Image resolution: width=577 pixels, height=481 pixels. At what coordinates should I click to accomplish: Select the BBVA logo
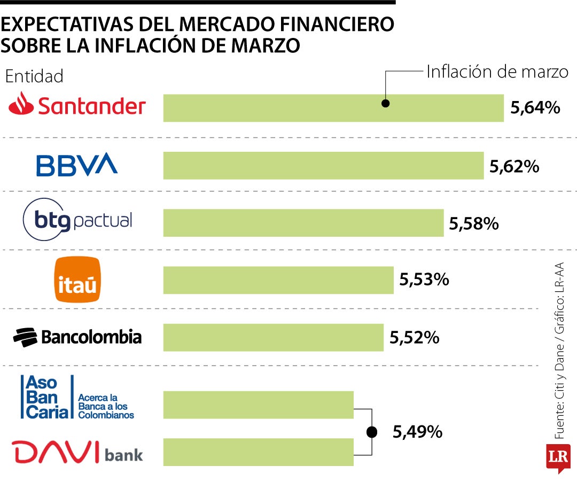pyautogui.click(x=77, y=165)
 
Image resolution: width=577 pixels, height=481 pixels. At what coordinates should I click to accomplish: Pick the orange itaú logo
pyautogui.click(x=77, y=280)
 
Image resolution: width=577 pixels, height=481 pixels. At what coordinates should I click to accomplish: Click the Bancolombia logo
pyautogui.click(x=77, y=337)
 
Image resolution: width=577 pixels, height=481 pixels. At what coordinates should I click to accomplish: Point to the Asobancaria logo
pyautogui.click(x=77, y=397)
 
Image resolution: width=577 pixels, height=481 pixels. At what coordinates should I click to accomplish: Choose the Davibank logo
pyautogui.click(x=78, y=453)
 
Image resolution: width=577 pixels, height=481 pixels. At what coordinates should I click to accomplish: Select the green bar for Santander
pyautogui.click(x=333, y=108)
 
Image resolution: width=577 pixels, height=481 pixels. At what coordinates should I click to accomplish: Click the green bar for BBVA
pyautogui.click(x=323, y=165)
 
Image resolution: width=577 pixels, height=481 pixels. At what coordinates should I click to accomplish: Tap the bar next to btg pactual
pyautogui.click(x=303, y=222)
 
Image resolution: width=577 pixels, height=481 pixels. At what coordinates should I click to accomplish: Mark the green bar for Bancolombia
pyautogui.click(x=273, y=337)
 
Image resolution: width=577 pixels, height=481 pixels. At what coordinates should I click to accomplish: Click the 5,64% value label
pyautogui.click(x=535, y=108)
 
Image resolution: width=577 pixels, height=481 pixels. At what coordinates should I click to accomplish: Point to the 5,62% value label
pyautogui.click(x=514, y=167)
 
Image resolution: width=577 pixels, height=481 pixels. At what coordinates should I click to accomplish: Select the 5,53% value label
pyautogui.click(x=424, y=279)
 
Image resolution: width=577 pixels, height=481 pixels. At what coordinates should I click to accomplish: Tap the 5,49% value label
pyautogui.click(x=417, y=431)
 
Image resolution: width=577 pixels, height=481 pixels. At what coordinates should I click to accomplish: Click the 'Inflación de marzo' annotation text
pyautogui.click(x=497, y=72)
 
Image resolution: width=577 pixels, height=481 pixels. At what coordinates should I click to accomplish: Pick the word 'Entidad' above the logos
pyautogui.click(x=34, y=76)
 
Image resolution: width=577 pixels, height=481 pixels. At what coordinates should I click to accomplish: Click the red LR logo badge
pyautogui.click(x=558, y=457)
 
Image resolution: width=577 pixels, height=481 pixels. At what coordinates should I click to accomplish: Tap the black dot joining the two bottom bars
pyautogui.click(x=371, y=432)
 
